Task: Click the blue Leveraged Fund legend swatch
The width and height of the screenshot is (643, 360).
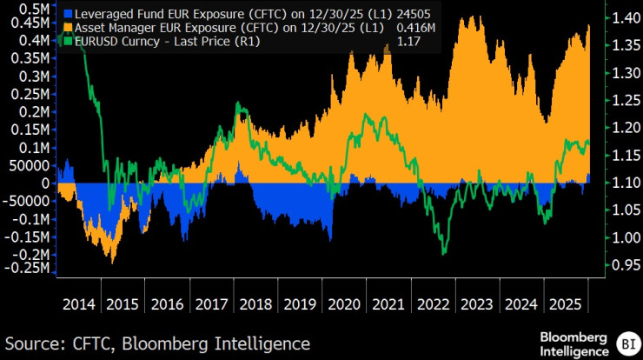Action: pos(68,15)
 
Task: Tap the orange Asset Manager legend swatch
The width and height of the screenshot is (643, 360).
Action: pos(68,28)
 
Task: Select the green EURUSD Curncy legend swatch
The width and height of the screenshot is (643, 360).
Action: pos(68,40)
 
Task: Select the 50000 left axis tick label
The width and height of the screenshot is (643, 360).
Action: pos(32,165)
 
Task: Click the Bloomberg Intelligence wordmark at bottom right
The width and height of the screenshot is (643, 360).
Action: pos(574,343)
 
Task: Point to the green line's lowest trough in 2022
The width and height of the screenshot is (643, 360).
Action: pos(443,254)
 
